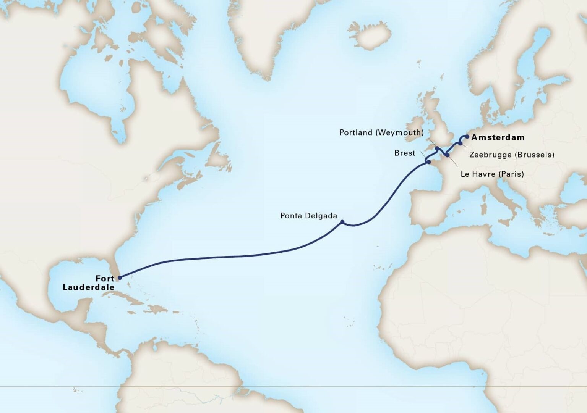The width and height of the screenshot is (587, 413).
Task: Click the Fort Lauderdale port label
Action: point(89,283)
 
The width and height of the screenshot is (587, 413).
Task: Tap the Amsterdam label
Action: point(498,137)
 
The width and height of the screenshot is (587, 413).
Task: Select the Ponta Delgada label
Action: point(308,216)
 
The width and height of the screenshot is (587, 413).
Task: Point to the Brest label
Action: point(405,153)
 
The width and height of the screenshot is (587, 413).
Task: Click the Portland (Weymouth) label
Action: point(381,132)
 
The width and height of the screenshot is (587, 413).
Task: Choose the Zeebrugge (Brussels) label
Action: point(511,155)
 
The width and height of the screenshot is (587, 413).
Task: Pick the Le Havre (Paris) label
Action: point(492,174)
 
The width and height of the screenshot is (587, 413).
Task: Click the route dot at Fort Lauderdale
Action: point(120,278)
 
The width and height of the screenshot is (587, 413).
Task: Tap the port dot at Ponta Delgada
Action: point(342,222)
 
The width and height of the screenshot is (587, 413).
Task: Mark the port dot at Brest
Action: point(428,163)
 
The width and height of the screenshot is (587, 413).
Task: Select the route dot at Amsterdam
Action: point(467,136)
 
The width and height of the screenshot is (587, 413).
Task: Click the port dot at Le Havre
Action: point(447,155)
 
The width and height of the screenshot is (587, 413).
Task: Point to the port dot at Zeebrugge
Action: point(461,144)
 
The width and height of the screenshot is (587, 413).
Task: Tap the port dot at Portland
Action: point(437,148)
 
